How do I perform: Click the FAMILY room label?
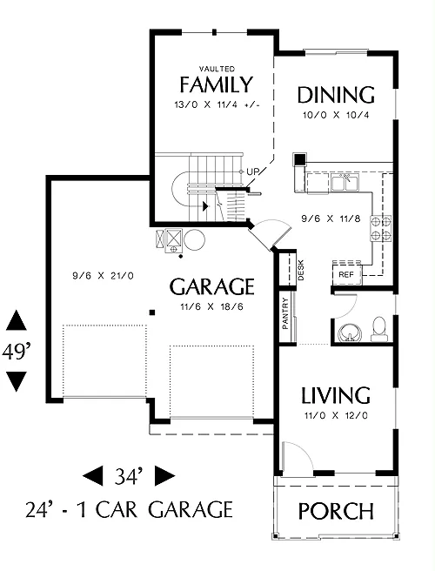[216, 84]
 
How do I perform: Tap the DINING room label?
[336, 95]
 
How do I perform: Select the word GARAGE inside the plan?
[212, 286]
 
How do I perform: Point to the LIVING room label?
[336, 395]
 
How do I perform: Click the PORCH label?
[336, 511]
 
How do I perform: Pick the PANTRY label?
[285, 313]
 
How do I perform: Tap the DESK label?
[301, 270]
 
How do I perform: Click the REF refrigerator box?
[347, 274]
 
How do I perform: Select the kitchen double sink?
[345, 182]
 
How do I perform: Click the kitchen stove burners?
[381, 228]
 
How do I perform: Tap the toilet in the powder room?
[379, 329]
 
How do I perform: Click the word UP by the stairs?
[252, 171]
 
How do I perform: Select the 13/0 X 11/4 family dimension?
[217, 104]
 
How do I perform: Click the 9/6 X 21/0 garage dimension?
[103, 276]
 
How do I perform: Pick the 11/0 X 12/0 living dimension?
[336, 415]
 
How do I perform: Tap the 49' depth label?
[16, 353]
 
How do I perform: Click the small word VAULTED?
[217, 69]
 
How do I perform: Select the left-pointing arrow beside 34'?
[92, 475]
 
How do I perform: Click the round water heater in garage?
[195, 240]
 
